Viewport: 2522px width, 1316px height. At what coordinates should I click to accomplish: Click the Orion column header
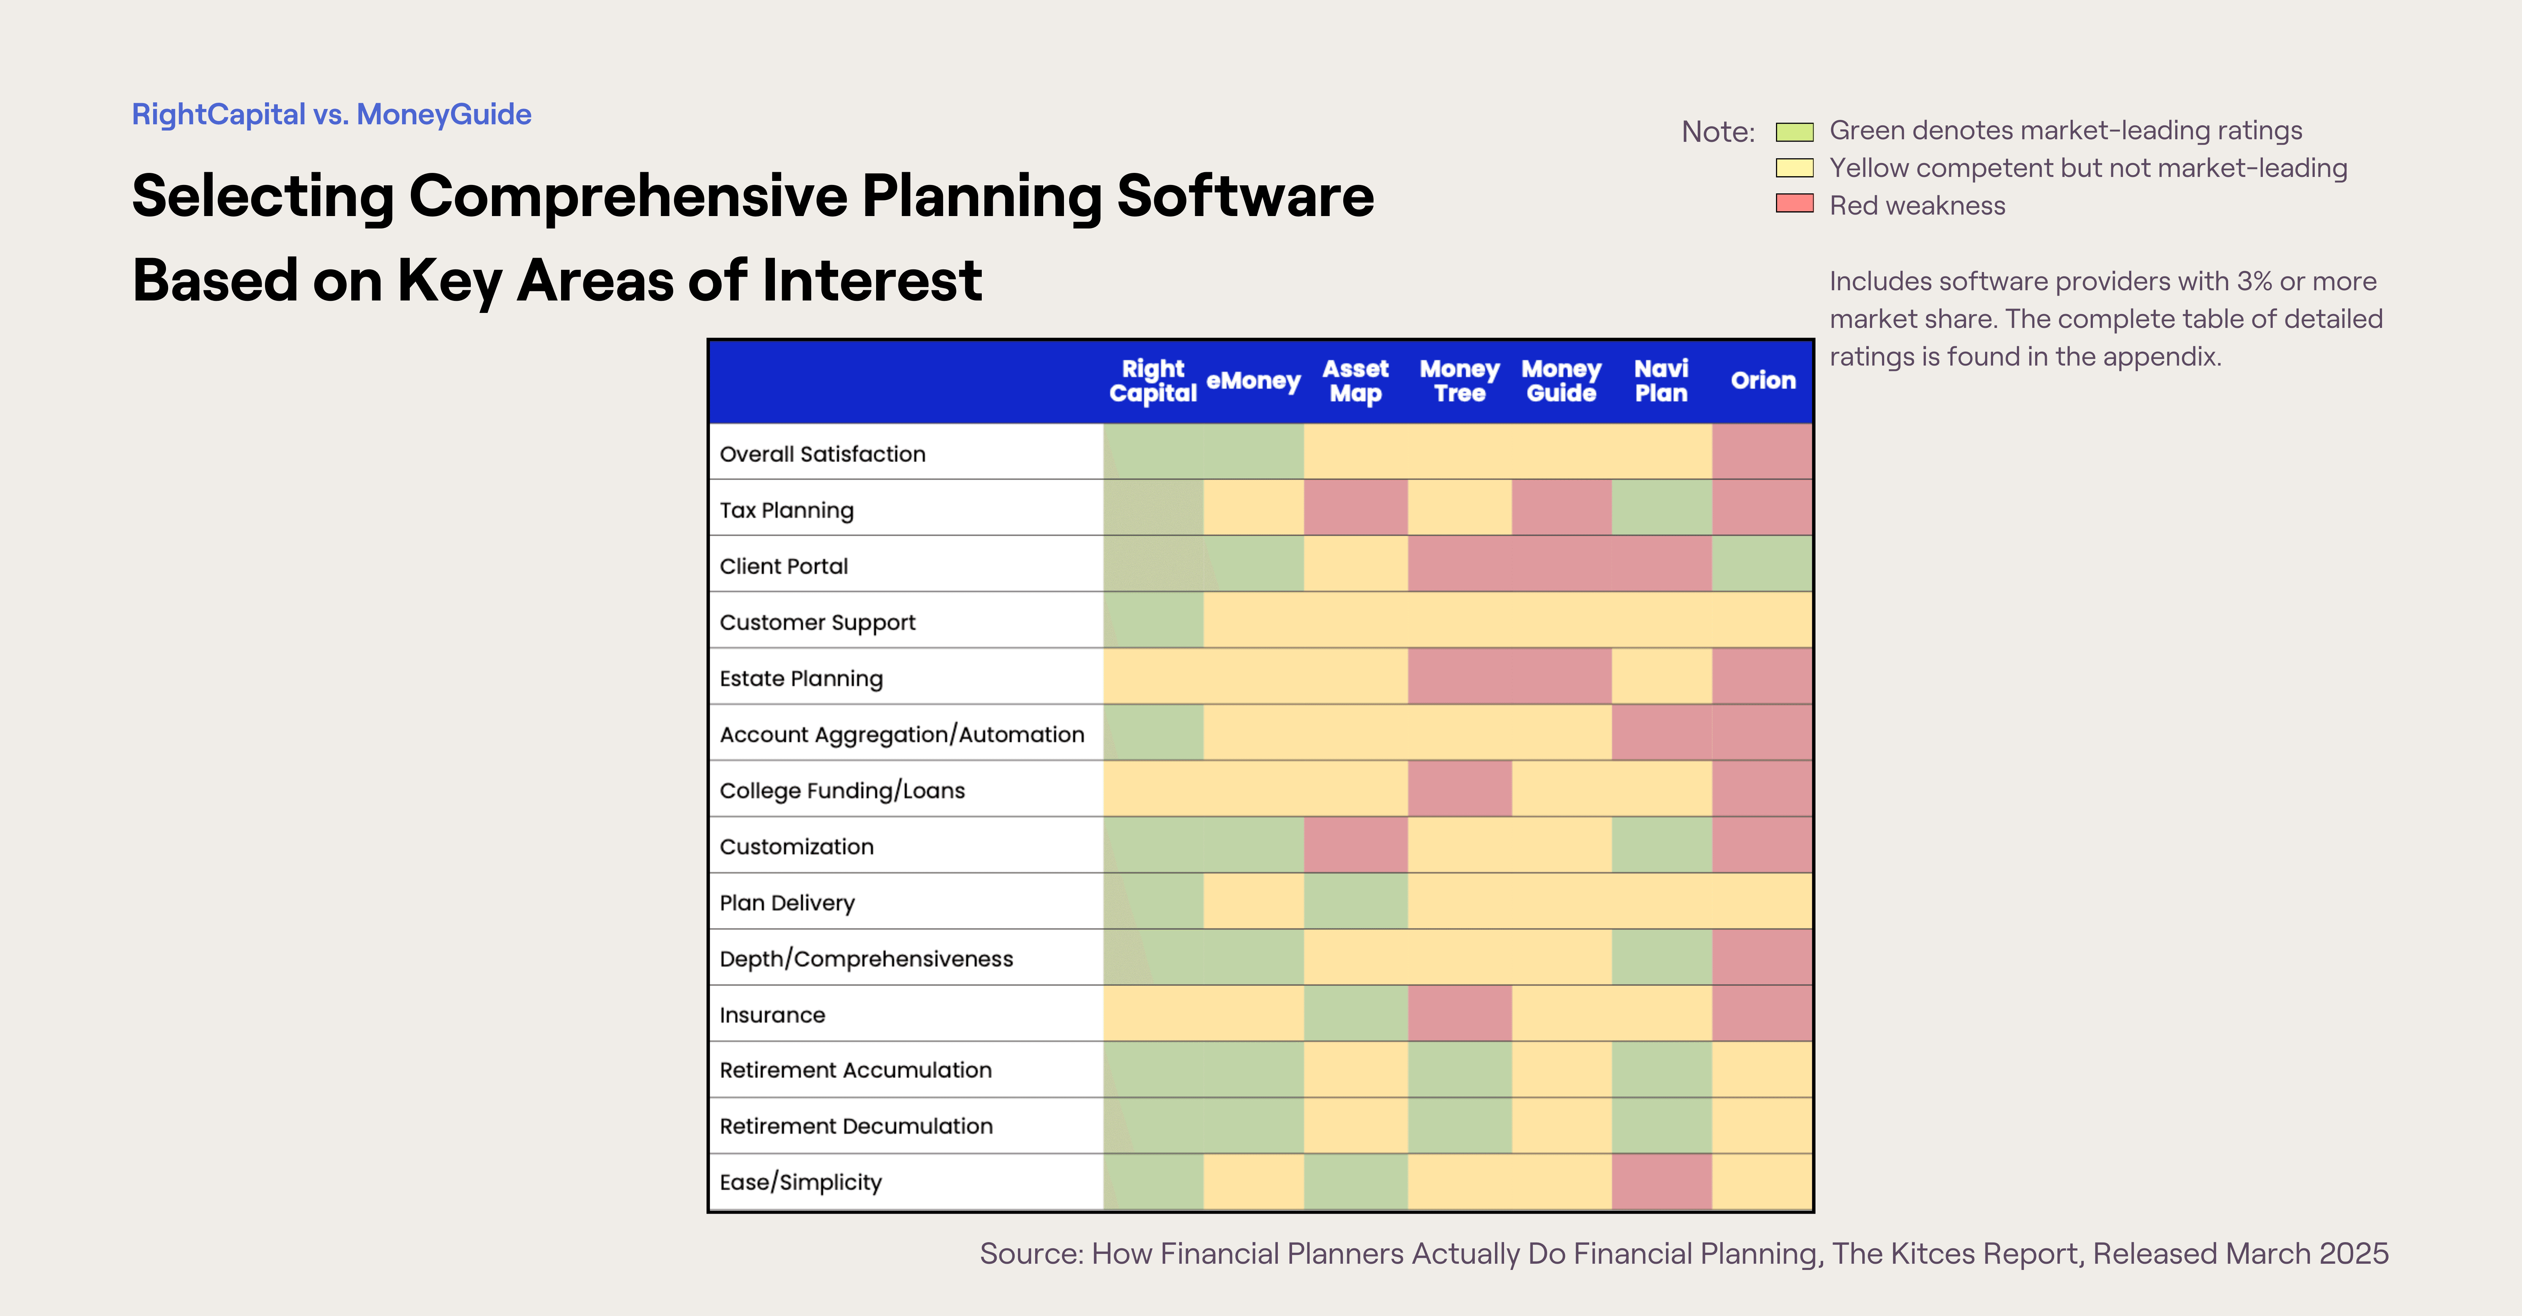pos(1762,381)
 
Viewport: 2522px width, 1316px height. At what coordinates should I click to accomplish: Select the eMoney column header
pos(1253,381)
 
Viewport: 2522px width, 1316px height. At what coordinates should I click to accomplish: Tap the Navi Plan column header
pos(1662,381)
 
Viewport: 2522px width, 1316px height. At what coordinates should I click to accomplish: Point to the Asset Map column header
pos(1355,381)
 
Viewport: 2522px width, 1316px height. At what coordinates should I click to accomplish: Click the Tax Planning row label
pos(786,510)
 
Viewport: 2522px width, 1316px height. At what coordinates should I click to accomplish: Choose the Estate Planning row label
pos(801,678)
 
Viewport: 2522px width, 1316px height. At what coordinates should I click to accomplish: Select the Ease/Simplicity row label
pos(800,1182)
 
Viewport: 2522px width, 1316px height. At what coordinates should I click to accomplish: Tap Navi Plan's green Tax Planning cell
pos(1662,508)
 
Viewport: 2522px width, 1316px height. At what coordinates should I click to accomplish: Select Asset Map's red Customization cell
pos(1355,845)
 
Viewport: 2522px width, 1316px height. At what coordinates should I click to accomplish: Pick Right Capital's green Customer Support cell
pos(1153,621)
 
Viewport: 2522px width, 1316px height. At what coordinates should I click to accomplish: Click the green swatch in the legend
pos(1795,131)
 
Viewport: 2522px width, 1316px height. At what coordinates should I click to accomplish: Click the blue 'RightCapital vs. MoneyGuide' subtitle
pos(331,114)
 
